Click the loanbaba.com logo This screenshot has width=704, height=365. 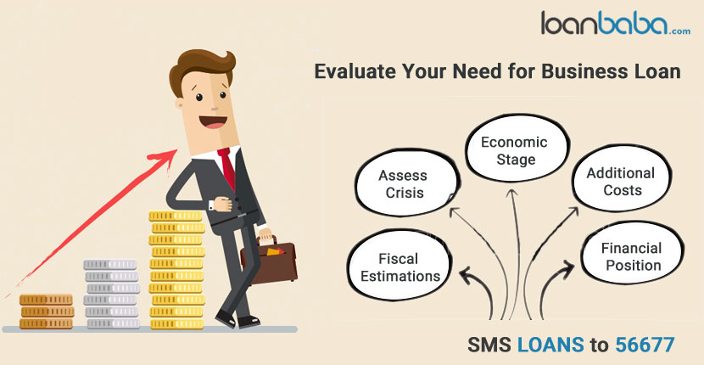click(616, 23)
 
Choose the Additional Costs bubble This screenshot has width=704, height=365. click(622, 180)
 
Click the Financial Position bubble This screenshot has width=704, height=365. click(632, 255)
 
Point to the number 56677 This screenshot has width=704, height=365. click(645, 345)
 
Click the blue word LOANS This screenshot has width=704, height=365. click(550, 345)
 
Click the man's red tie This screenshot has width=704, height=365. click(227, 168)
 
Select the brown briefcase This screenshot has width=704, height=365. click(269, 261)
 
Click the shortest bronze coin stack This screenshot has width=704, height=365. click(47, 312)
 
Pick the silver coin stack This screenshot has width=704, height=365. click(111, 294)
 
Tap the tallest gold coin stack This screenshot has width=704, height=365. click(177, 270)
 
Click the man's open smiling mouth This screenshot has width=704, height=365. click(213, 122)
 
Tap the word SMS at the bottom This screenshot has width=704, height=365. click(489, 345)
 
